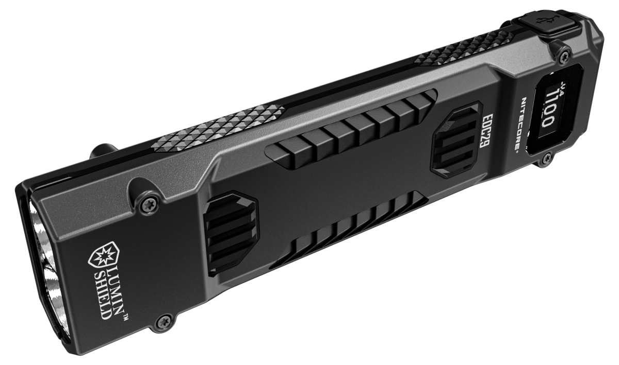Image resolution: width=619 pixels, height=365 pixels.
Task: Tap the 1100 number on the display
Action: click(544, 110)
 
